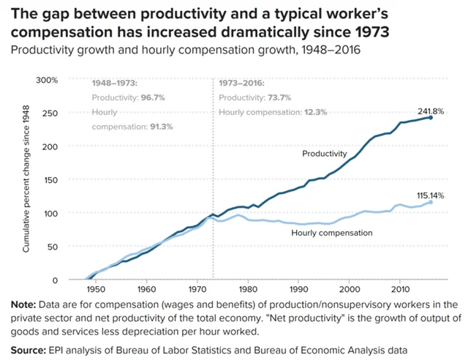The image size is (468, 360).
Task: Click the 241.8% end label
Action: coord(431,110)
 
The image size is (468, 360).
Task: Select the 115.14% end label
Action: coord(432,195)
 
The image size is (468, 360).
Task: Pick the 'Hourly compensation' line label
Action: coord(332,233)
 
